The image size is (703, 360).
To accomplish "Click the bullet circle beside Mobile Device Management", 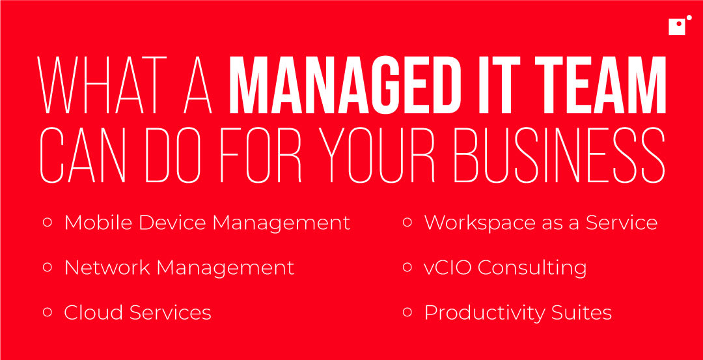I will [47, 222].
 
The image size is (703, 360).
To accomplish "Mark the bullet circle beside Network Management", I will [47, 267].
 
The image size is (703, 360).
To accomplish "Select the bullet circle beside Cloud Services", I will [47, 312].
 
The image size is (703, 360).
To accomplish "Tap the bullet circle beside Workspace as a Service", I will [407, 222].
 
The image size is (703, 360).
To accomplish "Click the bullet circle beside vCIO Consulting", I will [407, 267].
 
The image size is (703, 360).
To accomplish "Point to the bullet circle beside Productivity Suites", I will [407, 312].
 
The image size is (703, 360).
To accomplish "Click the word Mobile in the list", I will [97, 223].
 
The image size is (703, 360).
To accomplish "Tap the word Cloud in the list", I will [93, 312].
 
